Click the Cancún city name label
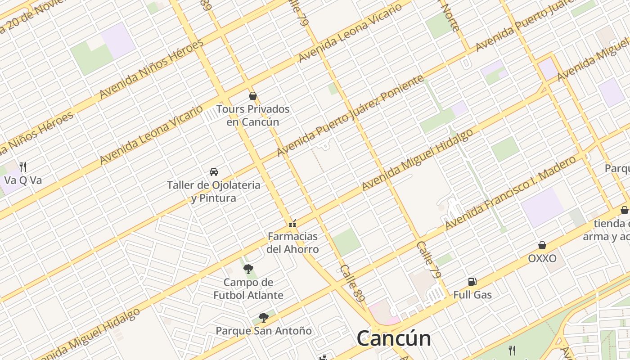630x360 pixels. pyautogui.click(x=394, y=338)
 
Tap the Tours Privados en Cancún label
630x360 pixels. pyautogui.click(x=252, y=116)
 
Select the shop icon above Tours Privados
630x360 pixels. pyautogui.click(x=252, y=96)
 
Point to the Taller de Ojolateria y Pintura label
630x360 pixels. pyautogui.click(x=213, y=191)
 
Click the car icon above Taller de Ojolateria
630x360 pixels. pyautogui.click(x=214, y=172)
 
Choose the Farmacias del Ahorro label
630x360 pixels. pyautogui.click(x=292, y=243)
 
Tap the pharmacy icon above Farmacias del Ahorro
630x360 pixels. pyautogui.click(x=292, y=223)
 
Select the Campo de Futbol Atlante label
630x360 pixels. pyautogui.click(x=248, y=289)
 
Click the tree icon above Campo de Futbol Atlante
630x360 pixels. pyautogui.click(x=248, y=269)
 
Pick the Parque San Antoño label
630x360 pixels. pyautogui.click(x=264, y=331)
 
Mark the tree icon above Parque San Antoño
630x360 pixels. pyautogui.click(x=264, y=318)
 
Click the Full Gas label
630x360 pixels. pyautogui.click(x=472, y=295)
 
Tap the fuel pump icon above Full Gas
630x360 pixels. pyautogui.click(x=472, y=282)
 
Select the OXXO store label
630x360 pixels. pyautogui.click(x=542, y=258)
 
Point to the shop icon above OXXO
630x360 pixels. pyautogui.click(x=542, y=245)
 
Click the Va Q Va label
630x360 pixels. pyautogui.click(x=23, y=180)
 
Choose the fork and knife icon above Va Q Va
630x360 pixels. pyautogui.click(x=23, y=167)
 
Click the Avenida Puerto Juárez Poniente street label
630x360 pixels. pyautogui.click(x=350, y=116)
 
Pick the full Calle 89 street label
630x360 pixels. pyautogui.click(x=352, y=283)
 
